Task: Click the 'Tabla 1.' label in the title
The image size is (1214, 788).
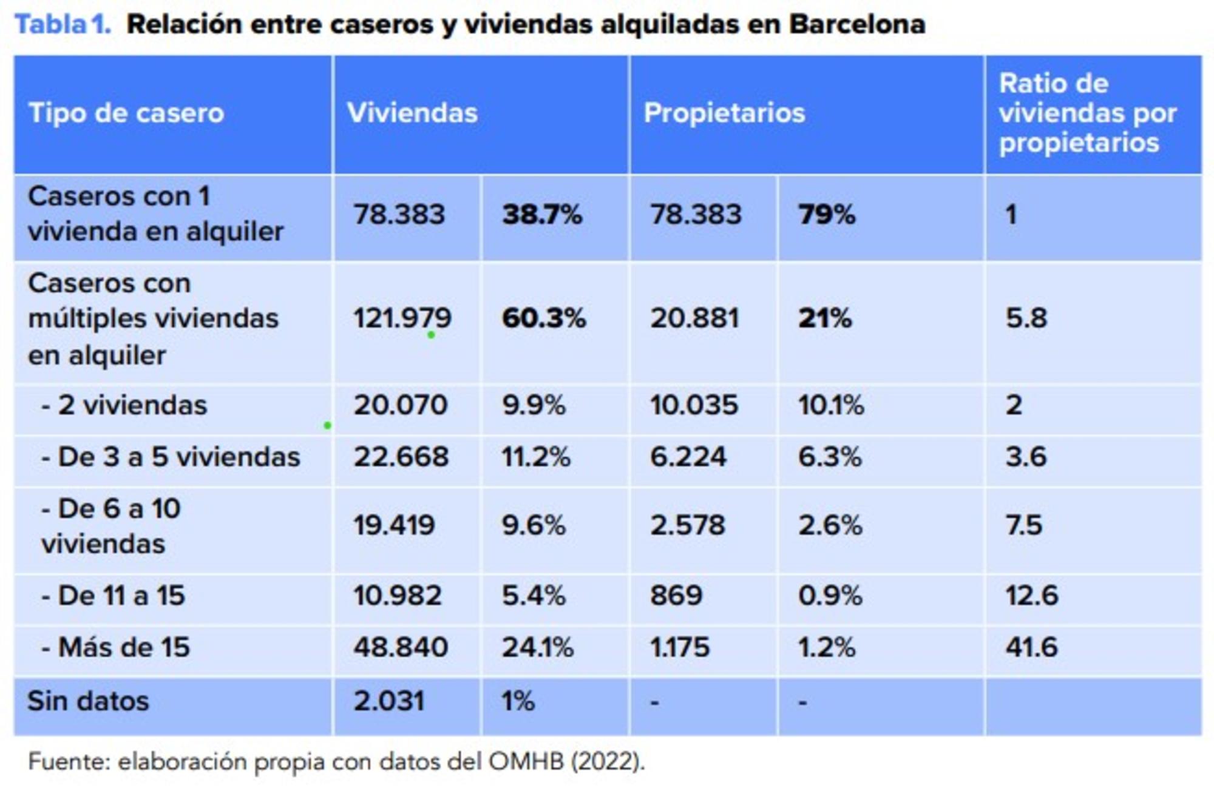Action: coord(63,25)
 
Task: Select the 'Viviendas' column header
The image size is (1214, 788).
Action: coord(412,113)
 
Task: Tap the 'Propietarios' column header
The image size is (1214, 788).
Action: coord(724,113)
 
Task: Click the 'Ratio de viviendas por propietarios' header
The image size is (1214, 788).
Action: coord(1087,113)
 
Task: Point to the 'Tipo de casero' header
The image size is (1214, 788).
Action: coord(126,113)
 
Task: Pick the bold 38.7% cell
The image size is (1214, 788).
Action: coord(542,215)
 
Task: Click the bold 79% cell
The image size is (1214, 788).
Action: coord(826,215)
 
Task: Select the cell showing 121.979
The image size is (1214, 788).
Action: coord(402,318)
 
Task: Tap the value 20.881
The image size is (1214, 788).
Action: coord(695,318)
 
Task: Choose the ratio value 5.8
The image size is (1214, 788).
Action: coord(1026,318)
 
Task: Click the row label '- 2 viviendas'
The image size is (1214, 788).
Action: coord(124,405)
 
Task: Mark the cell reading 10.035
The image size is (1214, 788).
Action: coord(694,405)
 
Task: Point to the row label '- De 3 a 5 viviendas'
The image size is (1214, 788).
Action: coord(171,457)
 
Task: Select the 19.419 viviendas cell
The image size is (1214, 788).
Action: coord(395,525)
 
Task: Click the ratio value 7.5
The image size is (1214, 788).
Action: coord(1024,525)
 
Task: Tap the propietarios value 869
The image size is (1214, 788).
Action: coord(676,596)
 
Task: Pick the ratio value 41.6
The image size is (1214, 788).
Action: coord(1031,647)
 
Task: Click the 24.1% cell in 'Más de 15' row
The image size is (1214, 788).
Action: coord(537,647)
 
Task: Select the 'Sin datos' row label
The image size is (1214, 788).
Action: coord(88,701)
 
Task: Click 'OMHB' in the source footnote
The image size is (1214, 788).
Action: coord(526,761)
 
